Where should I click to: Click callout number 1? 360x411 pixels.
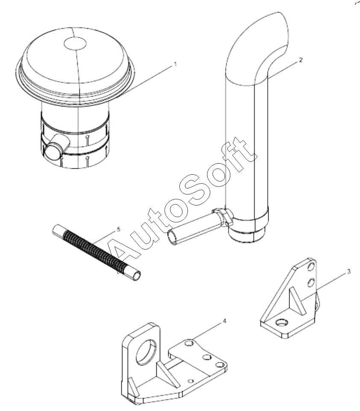tap(176, 64)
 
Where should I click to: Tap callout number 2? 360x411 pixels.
tap(301, 60)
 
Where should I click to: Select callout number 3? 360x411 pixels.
tap(349, 272)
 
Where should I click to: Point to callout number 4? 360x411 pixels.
tap(224, 321)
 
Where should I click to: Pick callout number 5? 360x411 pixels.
tap(118, 229)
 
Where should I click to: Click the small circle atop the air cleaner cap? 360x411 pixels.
tap(76, 43)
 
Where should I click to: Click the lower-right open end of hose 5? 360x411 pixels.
tap(137, 276)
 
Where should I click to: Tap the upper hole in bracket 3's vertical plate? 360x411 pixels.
tap(311, 267)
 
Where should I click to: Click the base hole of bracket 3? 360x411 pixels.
tap(283, 322)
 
